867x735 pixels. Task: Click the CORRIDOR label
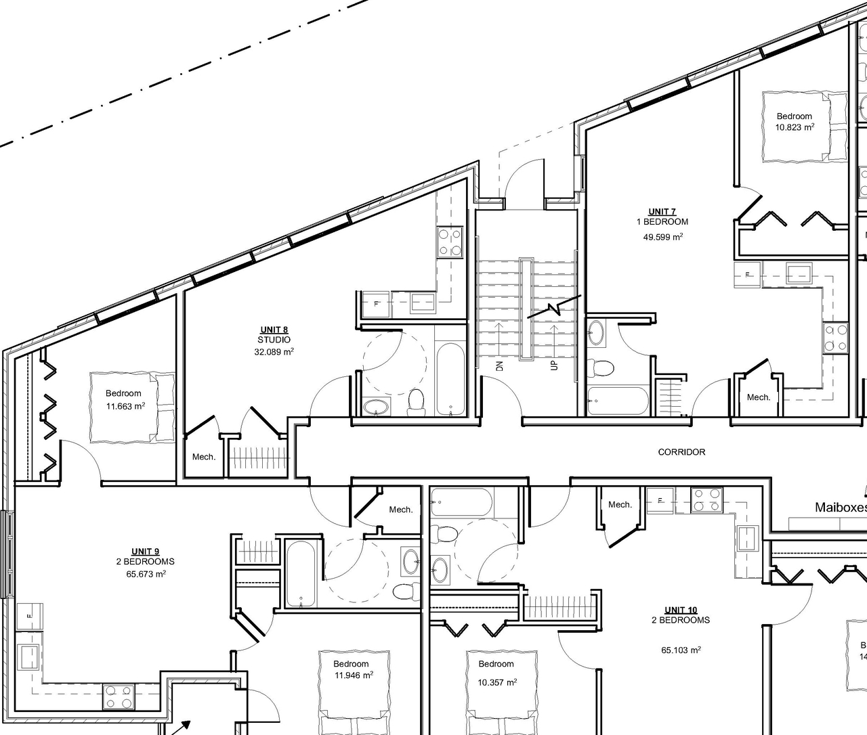[x=681, y=452]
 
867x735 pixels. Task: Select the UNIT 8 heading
[x=274, y=330]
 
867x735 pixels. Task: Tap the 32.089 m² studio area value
[x=274, y=352]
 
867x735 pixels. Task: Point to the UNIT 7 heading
[x=662, y=212]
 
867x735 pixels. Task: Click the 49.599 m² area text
[x=662, y=237]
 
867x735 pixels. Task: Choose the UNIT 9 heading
[x=145, y=551]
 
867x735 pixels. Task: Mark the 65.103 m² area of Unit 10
[x=681, y=650]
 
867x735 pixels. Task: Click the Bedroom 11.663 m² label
[x=124, y=400]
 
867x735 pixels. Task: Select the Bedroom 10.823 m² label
[x=794, y=121]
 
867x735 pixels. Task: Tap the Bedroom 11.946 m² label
[x=351, y=669]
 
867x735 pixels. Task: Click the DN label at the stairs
[x=500, y=366]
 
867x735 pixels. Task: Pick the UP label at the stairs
[x=554, y=365]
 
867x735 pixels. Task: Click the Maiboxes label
[x=840, y=507]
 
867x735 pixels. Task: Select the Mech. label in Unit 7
[x=759, y=397]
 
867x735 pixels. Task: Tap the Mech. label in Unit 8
[x=204, y=457]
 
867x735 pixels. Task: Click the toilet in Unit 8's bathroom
[x=416, y=401]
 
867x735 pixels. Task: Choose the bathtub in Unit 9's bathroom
[x=299, y=574]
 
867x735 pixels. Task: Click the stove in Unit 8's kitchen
[x=450, y=242]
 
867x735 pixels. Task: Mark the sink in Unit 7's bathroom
[x=597, y=332]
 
